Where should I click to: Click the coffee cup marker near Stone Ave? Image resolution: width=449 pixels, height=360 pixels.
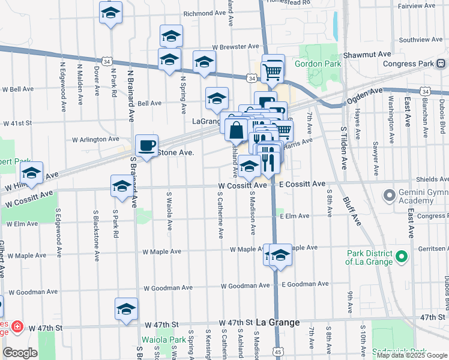[x=147, y=145]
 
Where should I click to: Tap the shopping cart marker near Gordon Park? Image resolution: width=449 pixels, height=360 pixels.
[x=273, y=71]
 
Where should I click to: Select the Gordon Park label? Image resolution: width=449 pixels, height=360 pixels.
[x=318, y=64]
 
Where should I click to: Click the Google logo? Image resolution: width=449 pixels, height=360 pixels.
[x=20, y=352]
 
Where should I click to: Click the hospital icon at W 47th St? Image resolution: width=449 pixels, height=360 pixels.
[x=17, y=328]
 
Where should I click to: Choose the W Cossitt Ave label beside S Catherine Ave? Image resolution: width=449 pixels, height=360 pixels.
[x=242, y=186]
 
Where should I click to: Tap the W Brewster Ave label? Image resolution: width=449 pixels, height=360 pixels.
[x=235, y=46]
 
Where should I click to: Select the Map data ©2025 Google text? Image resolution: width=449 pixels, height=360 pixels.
[x=411, y=355]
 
